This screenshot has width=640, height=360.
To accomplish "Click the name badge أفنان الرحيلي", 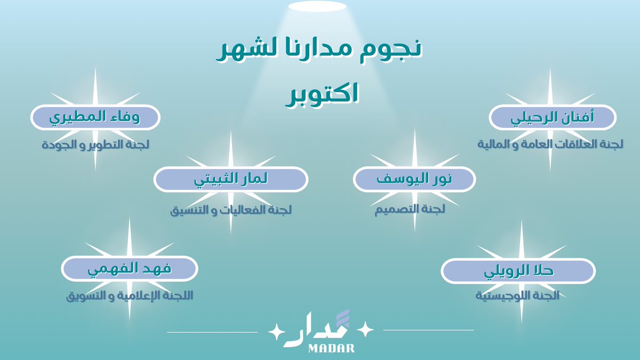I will pos(553,117).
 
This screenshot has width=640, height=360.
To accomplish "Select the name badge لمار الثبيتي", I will pos(230,180).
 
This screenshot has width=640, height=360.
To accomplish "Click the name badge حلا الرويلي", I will pos(518,271).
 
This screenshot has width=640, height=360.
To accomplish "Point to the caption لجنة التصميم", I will pos(410,210).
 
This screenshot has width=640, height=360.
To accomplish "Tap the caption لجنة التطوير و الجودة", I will pos(95,145).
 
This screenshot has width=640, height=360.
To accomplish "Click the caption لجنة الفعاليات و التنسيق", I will pos(231,210).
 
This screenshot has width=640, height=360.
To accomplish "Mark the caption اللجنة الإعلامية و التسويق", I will pos(129,295).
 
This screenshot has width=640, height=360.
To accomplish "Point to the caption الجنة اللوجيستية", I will pos(517,295).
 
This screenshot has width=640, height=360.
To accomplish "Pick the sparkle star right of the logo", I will pos(366,331).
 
